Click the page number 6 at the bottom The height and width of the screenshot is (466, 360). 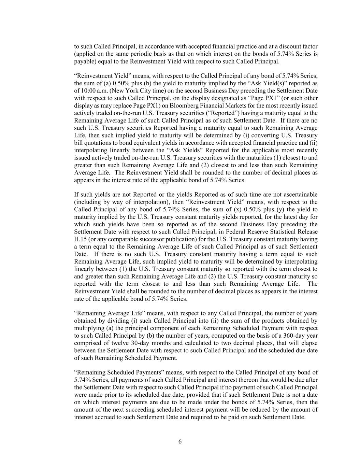click(x=180, y=442)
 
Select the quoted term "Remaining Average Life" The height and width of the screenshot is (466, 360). click(x=105, y=313)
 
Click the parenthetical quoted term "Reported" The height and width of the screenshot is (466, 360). click(x=219, y=113)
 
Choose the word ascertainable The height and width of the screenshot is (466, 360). click(x=297, y=195)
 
